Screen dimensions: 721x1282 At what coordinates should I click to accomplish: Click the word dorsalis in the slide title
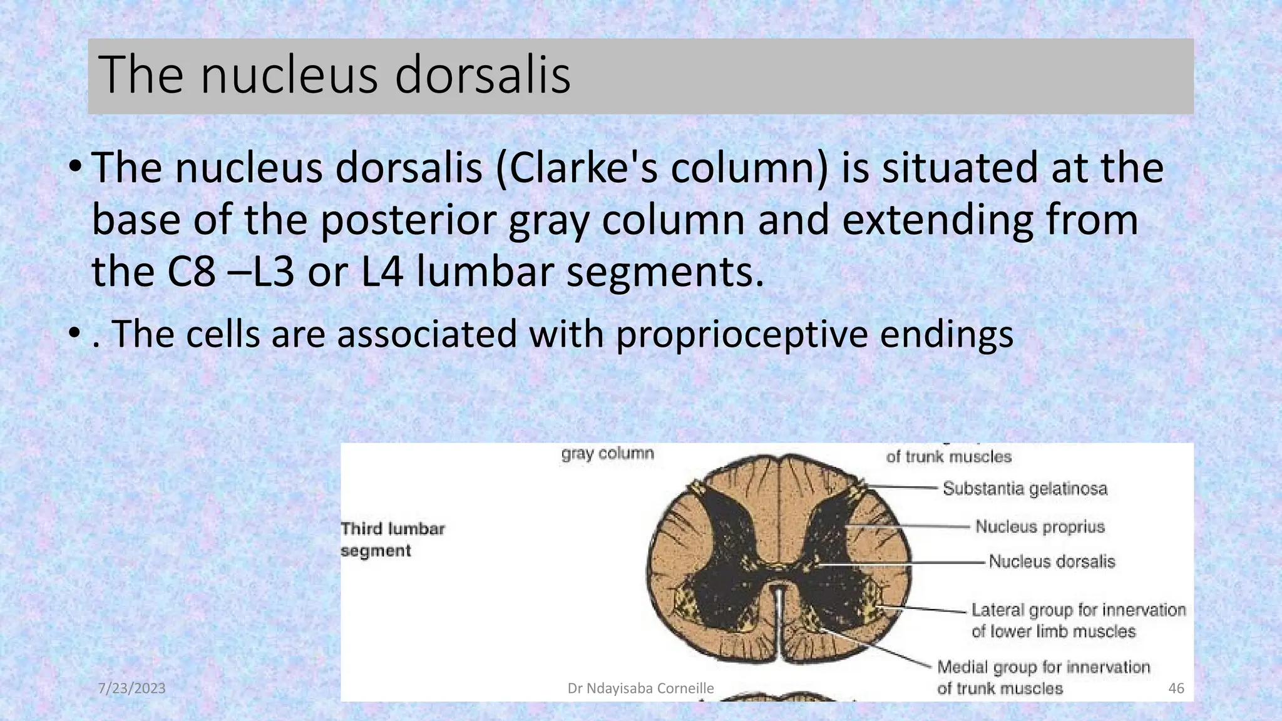pos(482,75)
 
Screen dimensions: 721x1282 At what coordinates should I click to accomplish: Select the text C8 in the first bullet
pos(192,272)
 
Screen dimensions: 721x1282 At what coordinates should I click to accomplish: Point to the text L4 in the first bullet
pos(382,272)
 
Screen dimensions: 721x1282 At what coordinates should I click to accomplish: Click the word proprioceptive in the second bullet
pos(741,334)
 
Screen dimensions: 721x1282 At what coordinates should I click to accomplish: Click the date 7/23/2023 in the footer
pos(132,688)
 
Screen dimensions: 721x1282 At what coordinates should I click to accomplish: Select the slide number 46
pos(1176,688)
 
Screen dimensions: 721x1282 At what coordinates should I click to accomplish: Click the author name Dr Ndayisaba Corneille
pos(640,688)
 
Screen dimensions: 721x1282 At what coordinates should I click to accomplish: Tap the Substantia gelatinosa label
pos(1025,488)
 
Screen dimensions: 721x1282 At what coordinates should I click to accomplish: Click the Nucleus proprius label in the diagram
pos(1040,527)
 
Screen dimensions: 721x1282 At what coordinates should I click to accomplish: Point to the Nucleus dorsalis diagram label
pos(1052,561)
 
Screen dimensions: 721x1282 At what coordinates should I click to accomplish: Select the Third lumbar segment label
pos(392,539)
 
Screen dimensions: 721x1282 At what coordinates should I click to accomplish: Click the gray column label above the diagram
pos(607,454)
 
